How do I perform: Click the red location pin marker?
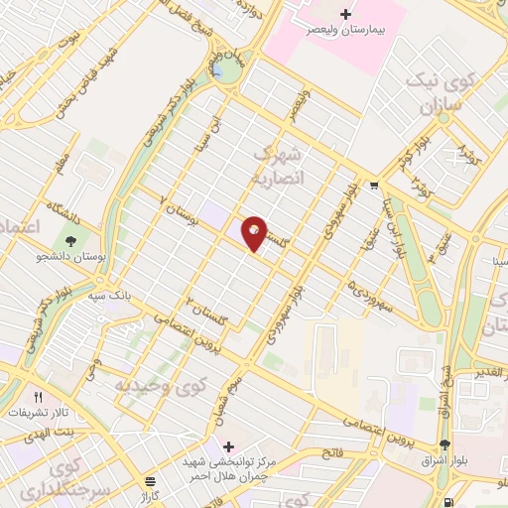pyautogui.click(x=254, y=232)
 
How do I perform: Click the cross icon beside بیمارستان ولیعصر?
pyautogui.click(x=345, y=14)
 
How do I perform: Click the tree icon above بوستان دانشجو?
pyautogui.click(x=71, y=240)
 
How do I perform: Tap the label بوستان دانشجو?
pyautogui.click(x=70, y=259)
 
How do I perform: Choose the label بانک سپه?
pyautogui.click(x=108, y=296)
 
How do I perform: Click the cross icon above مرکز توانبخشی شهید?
pyautogui.click(x=229, y=444)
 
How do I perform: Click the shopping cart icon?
pyautogui.click(x=373, y=185)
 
